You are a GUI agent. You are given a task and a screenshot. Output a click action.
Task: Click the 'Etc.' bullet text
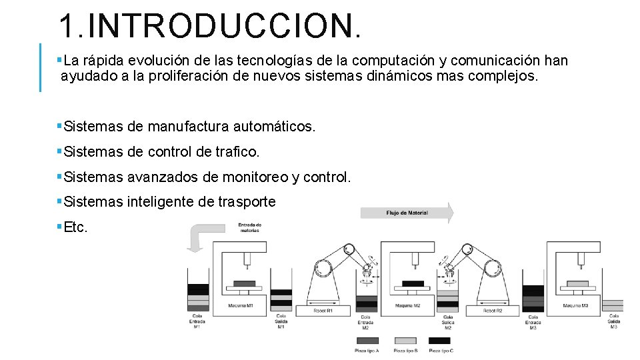point(75,227)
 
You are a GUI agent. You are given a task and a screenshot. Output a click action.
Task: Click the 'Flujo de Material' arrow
point(407,213)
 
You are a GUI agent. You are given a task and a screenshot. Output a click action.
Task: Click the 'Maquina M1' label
point(241,306)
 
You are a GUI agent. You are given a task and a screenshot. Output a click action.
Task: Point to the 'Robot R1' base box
point(323,311)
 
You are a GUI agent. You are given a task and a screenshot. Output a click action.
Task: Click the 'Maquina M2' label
point(407,306)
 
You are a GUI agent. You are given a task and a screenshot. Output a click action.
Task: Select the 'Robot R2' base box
point(493,311)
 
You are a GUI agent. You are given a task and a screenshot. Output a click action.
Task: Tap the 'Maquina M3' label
point(576,306)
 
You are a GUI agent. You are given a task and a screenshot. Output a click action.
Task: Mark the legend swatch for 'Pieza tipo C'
point(441,341)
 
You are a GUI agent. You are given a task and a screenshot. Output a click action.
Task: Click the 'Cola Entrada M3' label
point(533,322)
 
